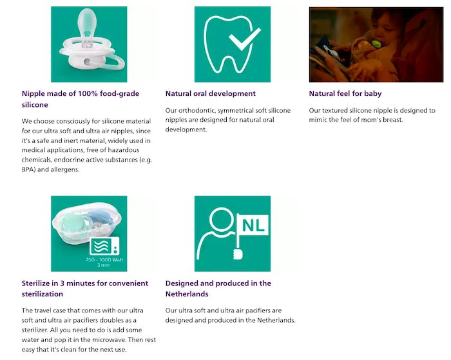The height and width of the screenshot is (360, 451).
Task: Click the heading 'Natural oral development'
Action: [210, 93]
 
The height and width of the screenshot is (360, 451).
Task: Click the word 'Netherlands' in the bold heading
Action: [186, 294]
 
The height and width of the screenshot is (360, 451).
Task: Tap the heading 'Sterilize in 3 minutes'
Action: [84, 283]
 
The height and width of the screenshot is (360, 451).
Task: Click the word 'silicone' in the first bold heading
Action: [35, 104]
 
